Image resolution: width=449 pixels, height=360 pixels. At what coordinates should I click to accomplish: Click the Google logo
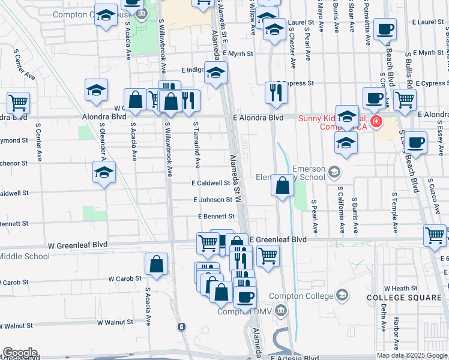tap(19, 353)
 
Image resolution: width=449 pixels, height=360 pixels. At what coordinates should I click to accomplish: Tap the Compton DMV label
tap(241, 311)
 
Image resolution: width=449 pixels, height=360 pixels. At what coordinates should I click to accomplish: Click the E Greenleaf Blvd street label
tap(277, 239)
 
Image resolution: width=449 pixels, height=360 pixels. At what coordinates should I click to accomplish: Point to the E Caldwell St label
tap(211, 183)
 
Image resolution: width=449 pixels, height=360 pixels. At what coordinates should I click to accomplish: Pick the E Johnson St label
tap(212, 200)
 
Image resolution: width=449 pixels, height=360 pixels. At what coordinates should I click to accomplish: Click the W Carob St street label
tap(125, 278)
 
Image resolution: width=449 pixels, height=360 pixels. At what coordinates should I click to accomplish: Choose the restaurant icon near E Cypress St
tap(276, 92)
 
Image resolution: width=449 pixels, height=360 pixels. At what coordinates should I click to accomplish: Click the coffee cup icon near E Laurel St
tap(385, 29)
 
